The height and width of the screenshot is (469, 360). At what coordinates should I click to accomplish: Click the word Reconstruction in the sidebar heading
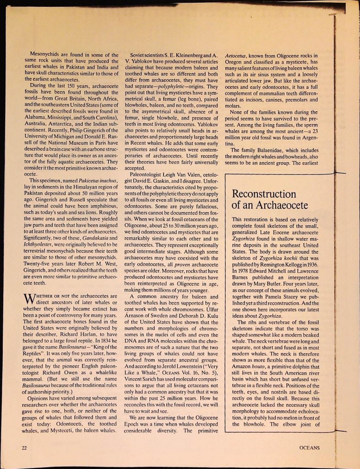coord(264,194)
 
